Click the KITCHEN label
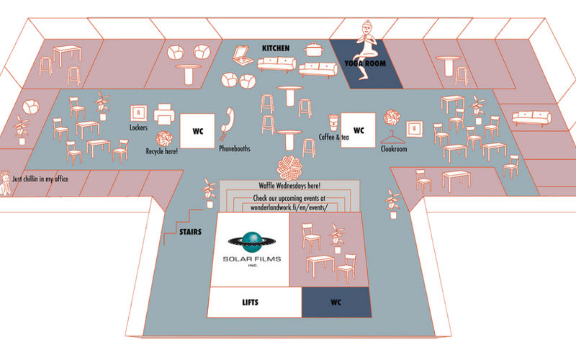[x=276, y=48]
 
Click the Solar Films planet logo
[x=251, y=241]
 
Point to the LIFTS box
[x=253, y=302]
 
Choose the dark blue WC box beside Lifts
[x=336, y=302]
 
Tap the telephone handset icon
[x=228, y=120]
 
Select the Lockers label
[x=139, y=127]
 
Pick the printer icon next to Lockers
[x=163, y=113]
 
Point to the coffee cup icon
[x=333, y=121]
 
